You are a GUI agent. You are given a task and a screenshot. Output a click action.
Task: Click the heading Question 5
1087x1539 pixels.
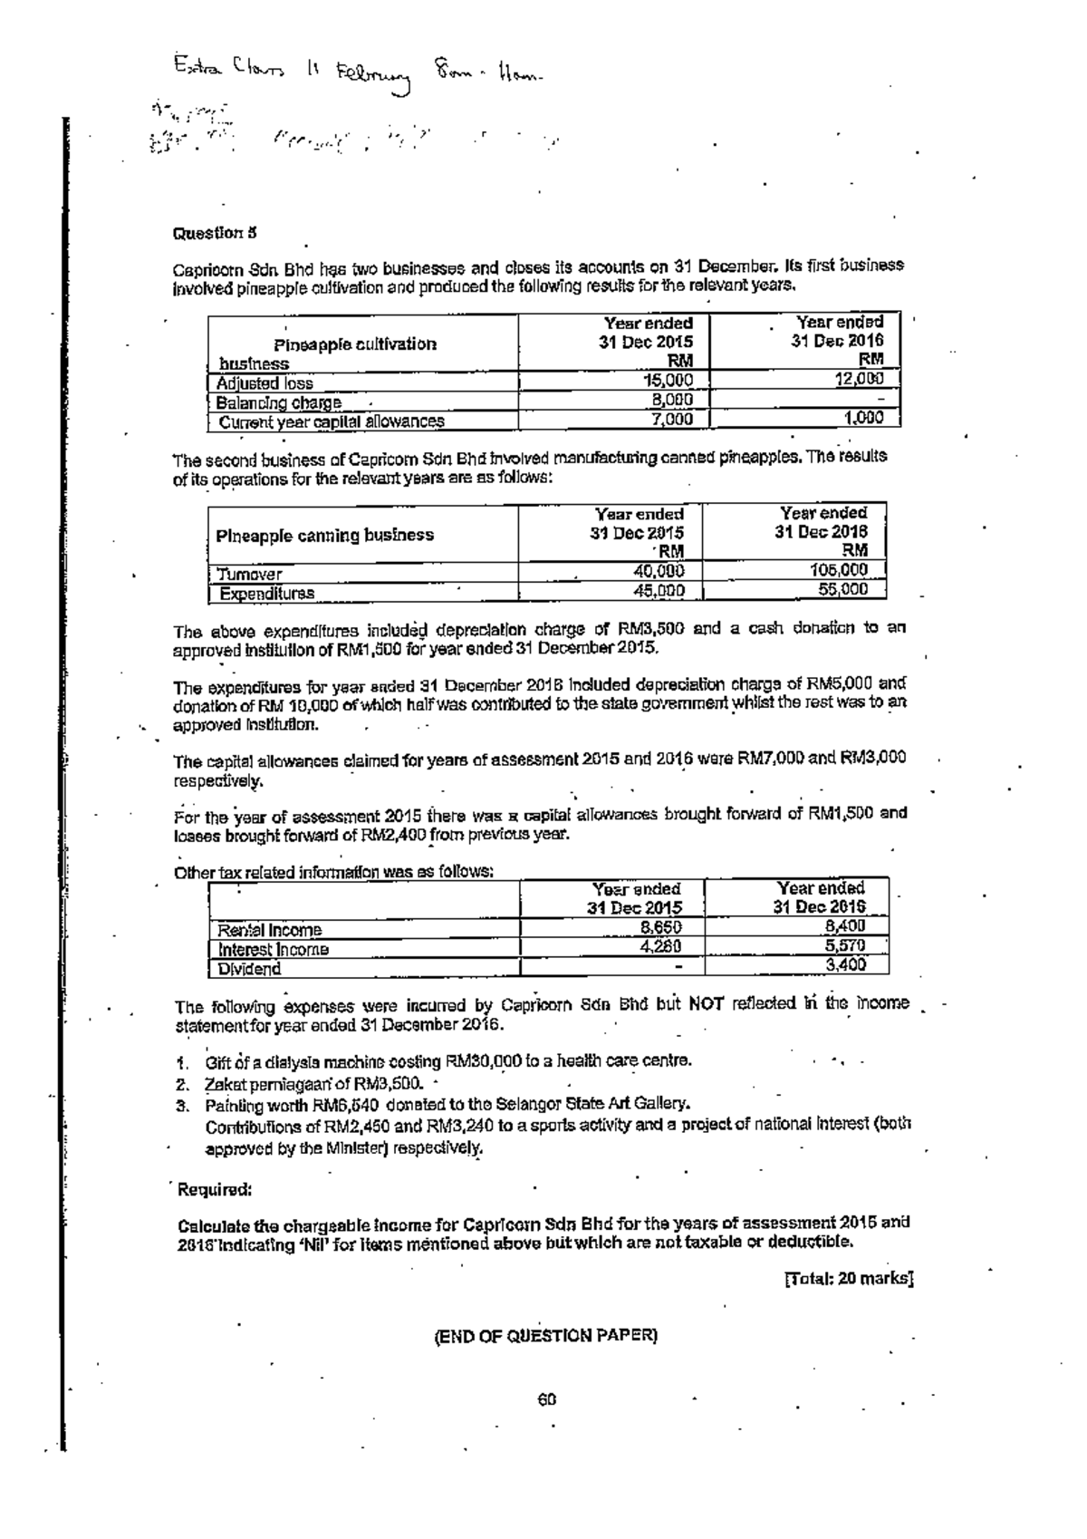[x=215, y=232]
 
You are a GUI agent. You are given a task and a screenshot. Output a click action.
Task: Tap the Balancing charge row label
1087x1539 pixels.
[x=278, y=402]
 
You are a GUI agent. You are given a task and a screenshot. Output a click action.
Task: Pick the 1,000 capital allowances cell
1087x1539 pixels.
[x=864, y=419]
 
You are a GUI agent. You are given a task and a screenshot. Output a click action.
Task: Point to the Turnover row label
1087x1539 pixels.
[x=249, y=574]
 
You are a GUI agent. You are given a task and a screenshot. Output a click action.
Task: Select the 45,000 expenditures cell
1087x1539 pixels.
[x=658, y=591]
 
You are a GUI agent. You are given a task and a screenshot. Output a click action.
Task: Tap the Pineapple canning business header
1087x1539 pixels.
[x=324, y=535]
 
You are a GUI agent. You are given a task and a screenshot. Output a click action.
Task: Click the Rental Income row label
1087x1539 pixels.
[x=269, y=930]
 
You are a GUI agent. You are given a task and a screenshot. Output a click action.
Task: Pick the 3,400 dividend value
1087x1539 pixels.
[x=846, y=966]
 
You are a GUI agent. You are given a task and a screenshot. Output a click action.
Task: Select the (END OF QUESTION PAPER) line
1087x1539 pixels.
[x=546, y=1336]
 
